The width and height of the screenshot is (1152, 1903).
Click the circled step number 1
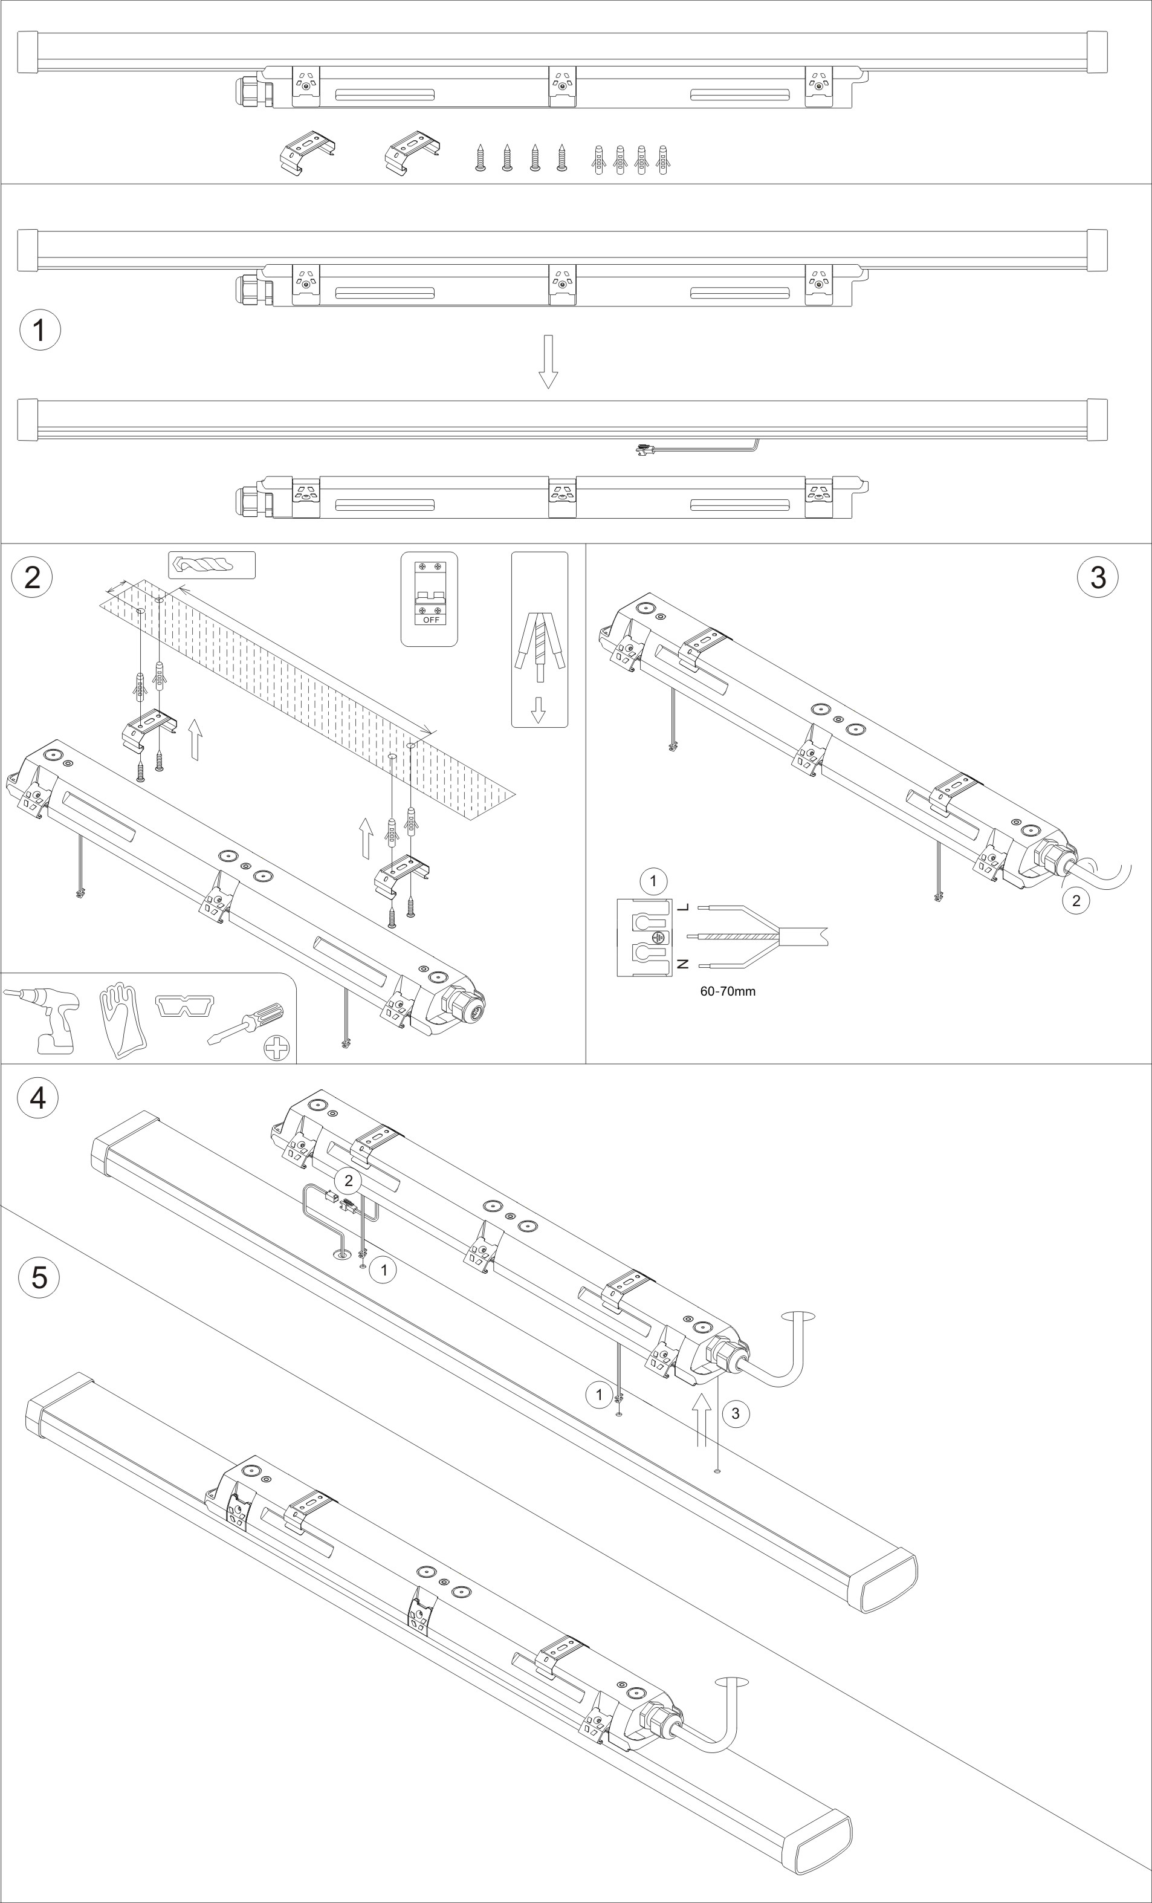pyautogui.click(x=40, y=330)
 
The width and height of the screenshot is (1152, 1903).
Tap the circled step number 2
pyautogui.click(x=33, y=577)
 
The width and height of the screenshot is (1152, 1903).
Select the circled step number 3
pyautogui.click(x=1097, y=577)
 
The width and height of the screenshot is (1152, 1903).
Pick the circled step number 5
pyautogui.click(x=39, y=1277)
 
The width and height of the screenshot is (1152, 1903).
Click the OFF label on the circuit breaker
pyautogui.click(x=431, y=620)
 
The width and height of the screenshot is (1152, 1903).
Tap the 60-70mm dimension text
pyautogui.click(x=727, y=991)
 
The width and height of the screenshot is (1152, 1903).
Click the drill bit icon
pyautogui.click(x=203, y=564)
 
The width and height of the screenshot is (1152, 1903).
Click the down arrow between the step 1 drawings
pyautogui.click(x=548, y=361)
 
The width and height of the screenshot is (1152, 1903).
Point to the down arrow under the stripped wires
pyautogui.click(x=538, y=709)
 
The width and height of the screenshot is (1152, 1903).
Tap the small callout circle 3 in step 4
pyautogui.click(x=735, y=1413)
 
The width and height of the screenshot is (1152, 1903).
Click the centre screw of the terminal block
pyautogui.click(x=657, y=937)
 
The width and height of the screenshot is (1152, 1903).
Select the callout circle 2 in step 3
pyautogui.click(x=1076, y=900)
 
